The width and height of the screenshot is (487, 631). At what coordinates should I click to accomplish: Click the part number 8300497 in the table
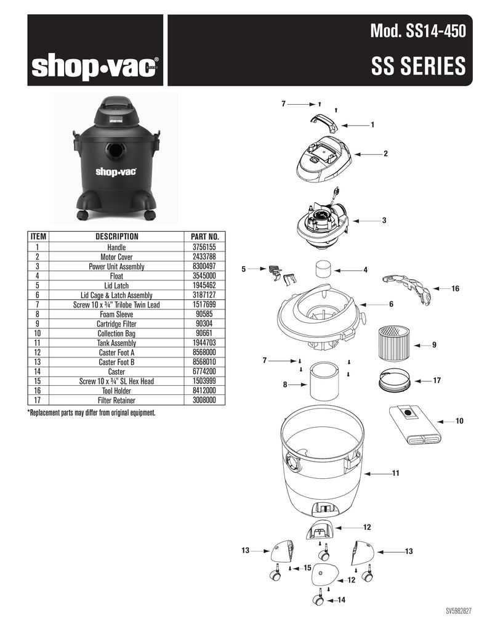click(x=204, y=266)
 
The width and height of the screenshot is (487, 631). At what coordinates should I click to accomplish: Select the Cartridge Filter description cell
click(x=116, y=324)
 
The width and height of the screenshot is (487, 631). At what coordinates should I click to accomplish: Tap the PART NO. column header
click(x=204, y=237)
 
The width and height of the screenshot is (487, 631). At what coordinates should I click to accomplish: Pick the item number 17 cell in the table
click(x=38, y=400)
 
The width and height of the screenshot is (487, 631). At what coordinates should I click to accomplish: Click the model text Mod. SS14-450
click(x=418, y=31)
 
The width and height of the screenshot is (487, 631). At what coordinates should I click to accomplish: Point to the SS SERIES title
click(x=418, y=65)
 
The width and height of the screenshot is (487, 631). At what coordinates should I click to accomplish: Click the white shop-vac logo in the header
click(x=95, y=67)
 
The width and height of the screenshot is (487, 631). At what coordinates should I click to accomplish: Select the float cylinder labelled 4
click(x=324, y=269)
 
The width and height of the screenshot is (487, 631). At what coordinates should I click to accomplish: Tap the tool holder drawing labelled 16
click(x=408, y=287)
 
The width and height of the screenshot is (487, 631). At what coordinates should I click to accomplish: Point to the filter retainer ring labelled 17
click(x=395, y=381)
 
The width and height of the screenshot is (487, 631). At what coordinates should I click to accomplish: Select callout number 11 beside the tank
click(x=396, y=473)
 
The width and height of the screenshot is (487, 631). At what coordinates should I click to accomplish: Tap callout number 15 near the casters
click(x=307, y=568)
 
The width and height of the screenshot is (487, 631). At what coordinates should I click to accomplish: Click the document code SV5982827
click(x=459, y=611)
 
